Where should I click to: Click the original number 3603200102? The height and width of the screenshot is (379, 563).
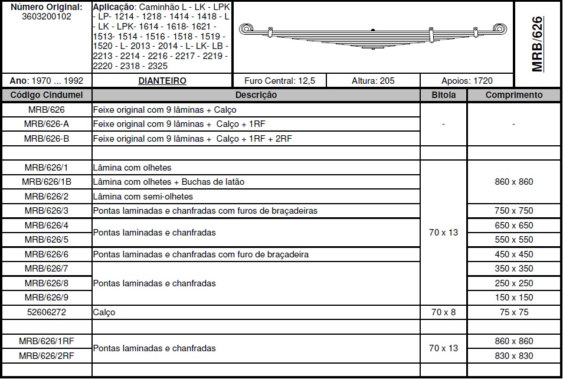coord(46,17)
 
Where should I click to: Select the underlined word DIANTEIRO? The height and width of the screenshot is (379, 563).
coord(162,81)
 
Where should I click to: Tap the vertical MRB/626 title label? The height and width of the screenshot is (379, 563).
coord(537,44)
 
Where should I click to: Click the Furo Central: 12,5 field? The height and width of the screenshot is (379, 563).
coord(280,81)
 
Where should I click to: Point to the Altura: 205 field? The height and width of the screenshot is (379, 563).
coord(373,81)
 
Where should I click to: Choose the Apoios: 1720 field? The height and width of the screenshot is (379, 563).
coord(467,81)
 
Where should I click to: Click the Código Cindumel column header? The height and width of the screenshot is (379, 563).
coord(47,95)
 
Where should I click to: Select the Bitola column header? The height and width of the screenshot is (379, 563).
coord(443,95)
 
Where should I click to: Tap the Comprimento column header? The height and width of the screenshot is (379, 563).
coord(513,95)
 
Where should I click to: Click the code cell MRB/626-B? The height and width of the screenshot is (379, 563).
coord(47,139)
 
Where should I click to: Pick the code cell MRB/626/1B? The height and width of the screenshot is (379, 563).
coord(47,182)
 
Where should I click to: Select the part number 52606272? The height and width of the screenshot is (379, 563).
coord(47,312)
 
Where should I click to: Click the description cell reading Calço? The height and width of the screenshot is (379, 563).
coord(104,312)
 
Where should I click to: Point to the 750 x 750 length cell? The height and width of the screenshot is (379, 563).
coord(513,211)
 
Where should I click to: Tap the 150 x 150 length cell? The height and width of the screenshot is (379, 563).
coord(513,298)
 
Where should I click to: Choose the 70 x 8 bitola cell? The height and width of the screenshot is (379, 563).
coord(443,312)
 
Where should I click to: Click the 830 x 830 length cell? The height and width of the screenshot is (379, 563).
coord(513,355)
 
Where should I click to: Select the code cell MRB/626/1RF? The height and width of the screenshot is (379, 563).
coord(47,341)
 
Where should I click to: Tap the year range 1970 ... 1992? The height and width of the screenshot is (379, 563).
coord(47,81)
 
